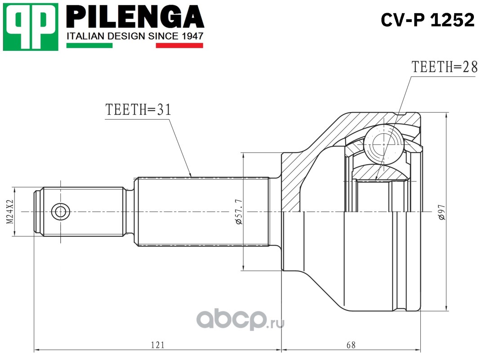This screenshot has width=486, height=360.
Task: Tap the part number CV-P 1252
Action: [x=428, y=19]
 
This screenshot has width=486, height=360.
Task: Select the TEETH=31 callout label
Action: [x=138, y=110]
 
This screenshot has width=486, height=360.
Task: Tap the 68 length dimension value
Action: [x=351, y=345]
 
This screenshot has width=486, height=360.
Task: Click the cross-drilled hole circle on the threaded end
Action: [x=60, y=211]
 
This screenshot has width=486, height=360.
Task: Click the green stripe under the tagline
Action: [x=89, y=45]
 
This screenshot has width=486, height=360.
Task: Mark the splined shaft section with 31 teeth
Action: [x=202, y=211]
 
